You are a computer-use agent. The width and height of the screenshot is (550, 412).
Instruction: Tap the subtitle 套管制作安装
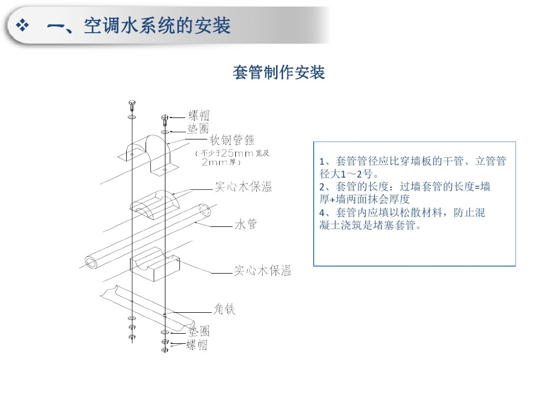[x=278, y=72]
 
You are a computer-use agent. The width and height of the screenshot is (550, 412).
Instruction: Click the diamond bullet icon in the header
[x=23, y=26]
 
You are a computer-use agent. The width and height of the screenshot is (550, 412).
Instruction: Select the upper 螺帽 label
[x=198, y=115]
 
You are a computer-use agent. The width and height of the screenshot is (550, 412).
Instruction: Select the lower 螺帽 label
[x=197, y=345]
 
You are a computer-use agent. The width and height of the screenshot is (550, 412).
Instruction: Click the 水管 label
[x=245, y=224]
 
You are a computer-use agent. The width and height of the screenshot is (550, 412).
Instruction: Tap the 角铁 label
[x=225, y=309]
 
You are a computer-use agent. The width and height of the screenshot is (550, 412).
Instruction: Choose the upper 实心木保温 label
[x=243, y=187]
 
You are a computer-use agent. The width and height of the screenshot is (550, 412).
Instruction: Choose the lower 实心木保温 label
[x=263, y=270]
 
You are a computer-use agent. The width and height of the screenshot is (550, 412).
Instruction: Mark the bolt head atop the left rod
[x=132, y=103]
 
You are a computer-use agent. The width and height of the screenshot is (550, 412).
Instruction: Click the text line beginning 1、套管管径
[x=412, y=161]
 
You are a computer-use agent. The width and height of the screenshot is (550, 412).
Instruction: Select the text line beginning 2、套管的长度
[x=404, y=187]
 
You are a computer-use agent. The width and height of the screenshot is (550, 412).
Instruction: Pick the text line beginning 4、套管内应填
[x=402, y=212]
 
